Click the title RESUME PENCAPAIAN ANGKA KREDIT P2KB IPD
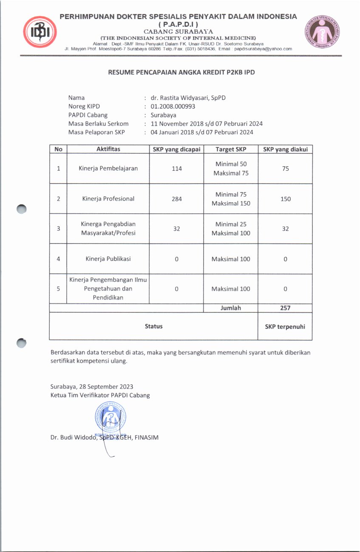(181, 72)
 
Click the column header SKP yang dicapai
(176, 149)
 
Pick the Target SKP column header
(231, 149)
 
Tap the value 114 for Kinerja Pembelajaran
(177, 169)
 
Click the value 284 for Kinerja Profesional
(177, 199)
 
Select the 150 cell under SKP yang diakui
(285, 199)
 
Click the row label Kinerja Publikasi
(108, 259)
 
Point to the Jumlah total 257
(285, 308)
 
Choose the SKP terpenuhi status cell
(285, 326)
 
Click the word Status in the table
(153, 326)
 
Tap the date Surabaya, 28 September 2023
(92, 387)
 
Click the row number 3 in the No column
(58, 229)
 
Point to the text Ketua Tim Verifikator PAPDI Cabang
(100, 395)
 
